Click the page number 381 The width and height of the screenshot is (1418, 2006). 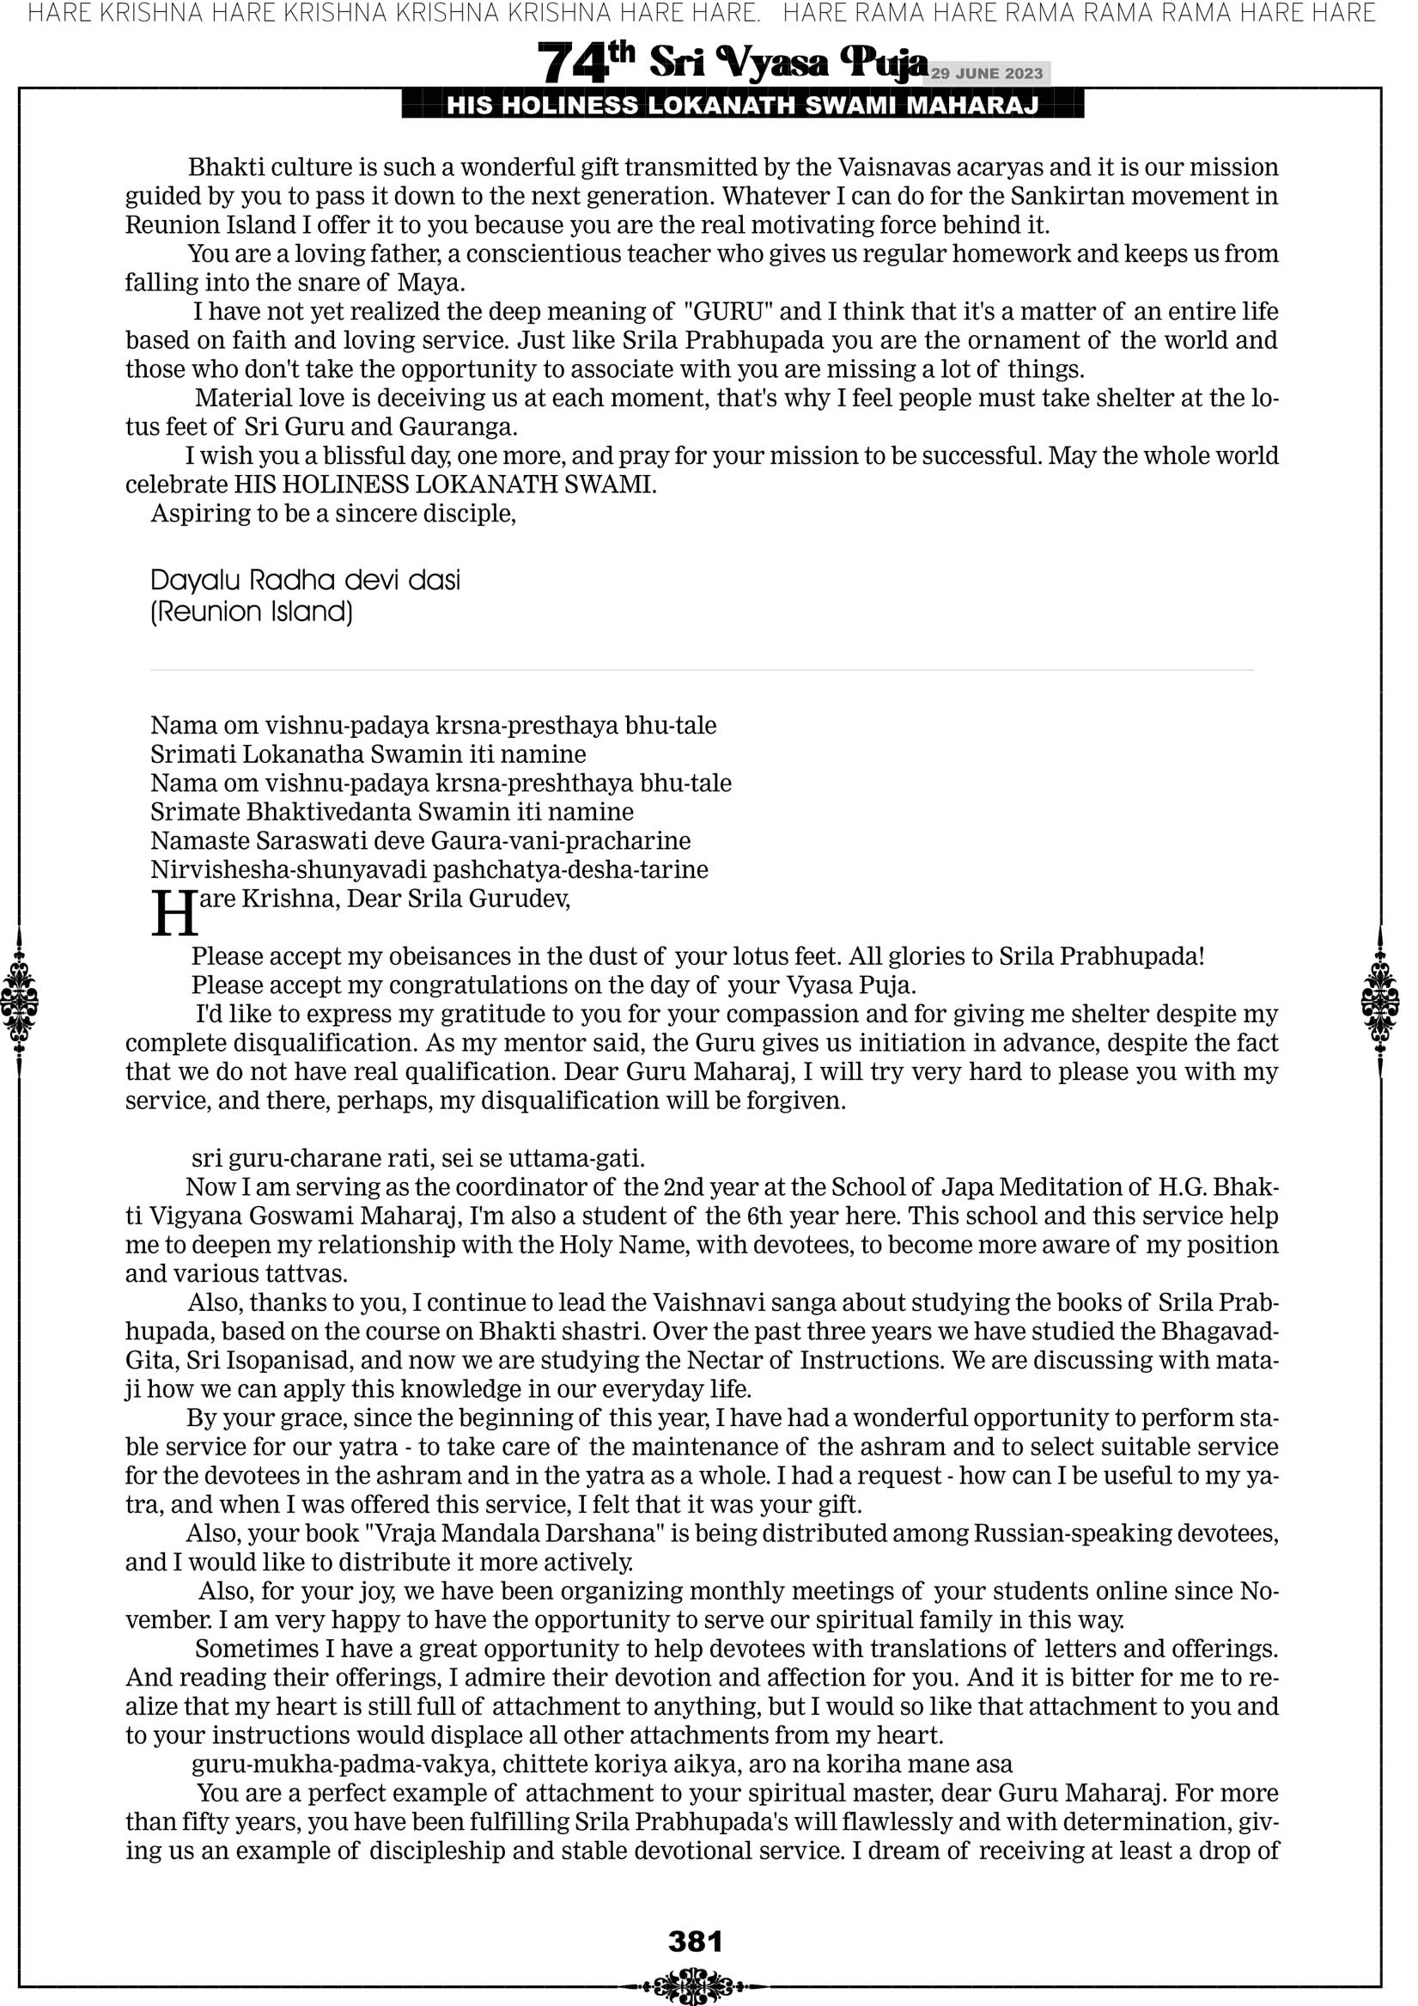click(696, 1942)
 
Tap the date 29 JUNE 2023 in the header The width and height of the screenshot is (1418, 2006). click(986, 73)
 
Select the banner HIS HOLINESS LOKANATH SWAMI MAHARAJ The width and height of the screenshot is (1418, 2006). click(743, 106)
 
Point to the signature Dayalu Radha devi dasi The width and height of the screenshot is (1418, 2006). click(305, 580)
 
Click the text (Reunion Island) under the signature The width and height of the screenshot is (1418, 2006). click(252, 612)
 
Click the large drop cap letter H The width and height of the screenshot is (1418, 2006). click(173, 914)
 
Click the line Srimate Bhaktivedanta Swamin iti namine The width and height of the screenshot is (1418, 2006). click(392, 813)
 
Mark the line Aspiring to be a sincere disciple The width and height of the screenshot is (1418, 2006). click(333, 514)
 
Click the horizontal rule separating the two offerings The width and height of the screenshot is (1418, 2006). click(702, 670)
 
